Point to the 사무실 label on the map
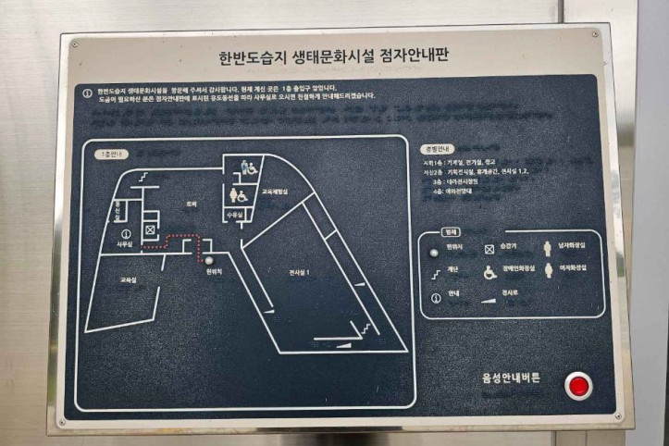pos(125,245)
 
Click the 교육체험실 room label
pos(275,192)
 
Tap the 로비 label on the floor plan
pos(192,204)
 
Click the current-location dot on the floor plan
pos(209,260)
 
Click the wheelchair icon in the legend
pos(489,272)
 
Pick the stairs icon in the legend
pos(435,272)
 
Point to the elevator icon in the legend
pos(489,249)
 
